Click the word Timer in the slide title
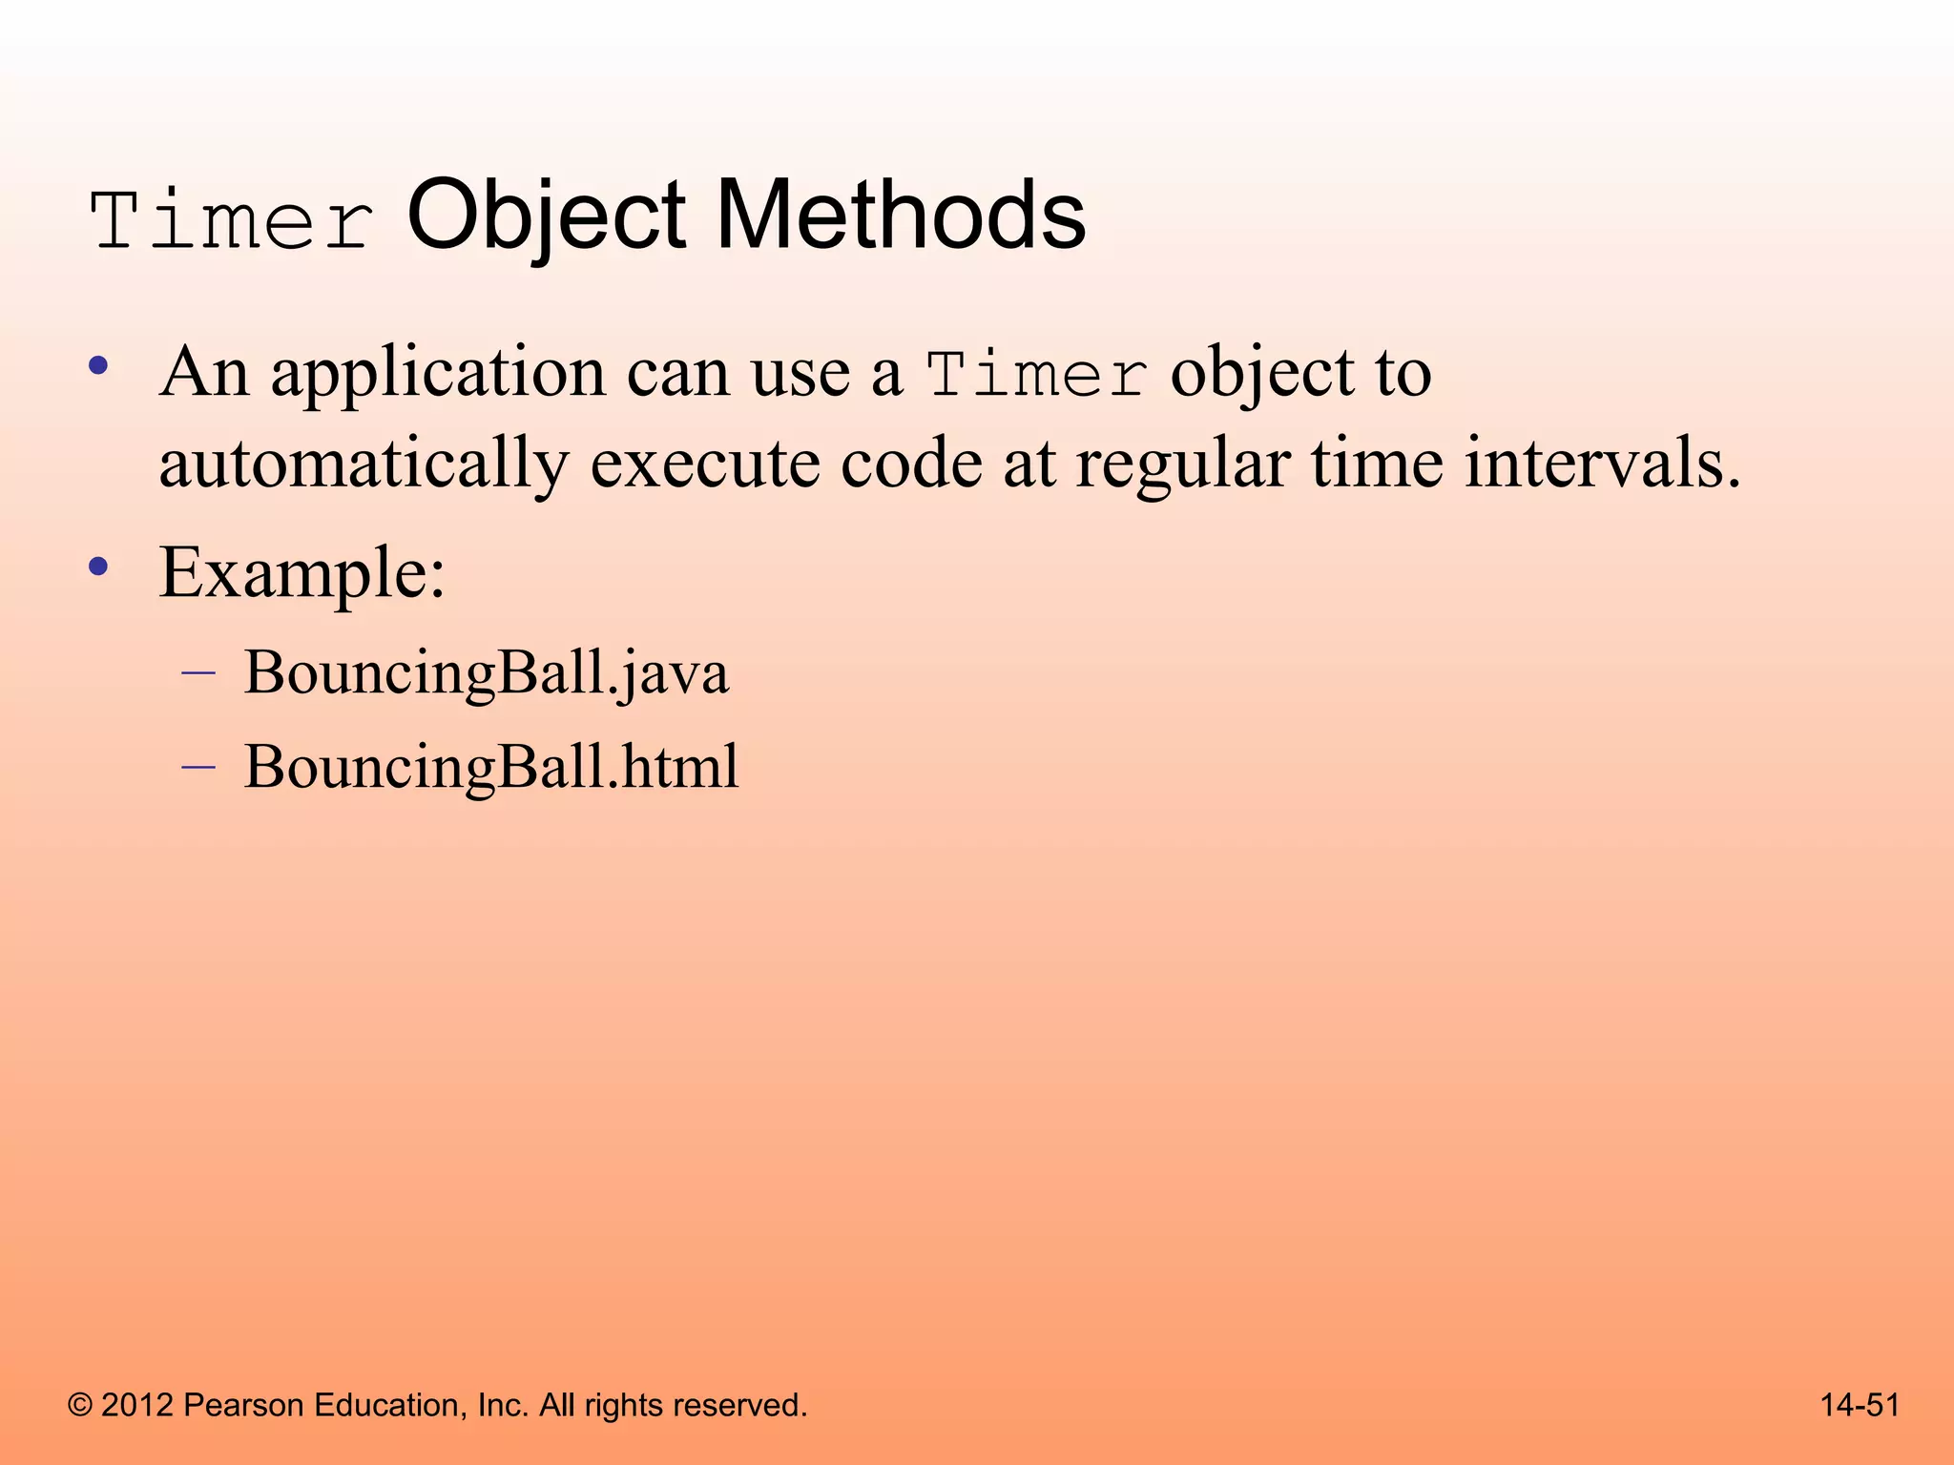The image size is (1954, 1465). [232, 221]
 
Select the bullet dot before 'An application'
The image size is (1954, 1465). [97, 365]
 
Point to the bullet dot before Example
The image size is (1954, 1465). [97, 567]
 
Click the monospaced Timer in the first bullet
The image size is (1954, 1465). [1037, 375]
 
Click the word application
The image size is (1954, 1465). [438, 373]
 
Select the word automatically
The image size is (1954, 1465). [364, 464]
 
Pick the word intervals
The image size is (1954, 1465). [1602, 464]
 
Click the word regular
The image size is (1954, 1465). [1183, 464]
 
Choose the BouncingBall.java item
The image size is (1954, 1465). [486, 673]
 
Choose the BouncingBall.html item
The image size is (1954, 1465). [491, 767]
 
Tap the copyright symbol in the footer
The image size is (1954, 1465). [80, 1405]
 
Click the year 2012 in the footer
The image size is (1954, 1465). [136, 1405]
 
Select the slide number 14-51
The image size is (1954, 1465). [1860, 1405]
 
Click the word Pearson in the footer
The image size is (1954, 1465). [242, 1405]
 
